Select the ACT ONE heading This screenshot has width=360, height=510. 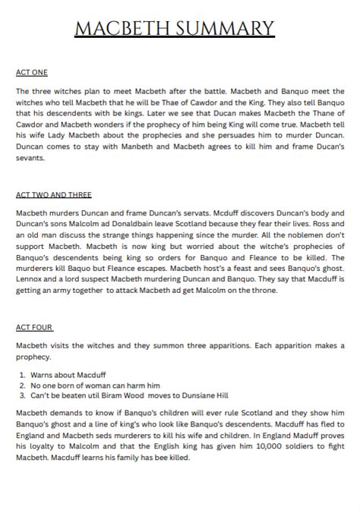click(32, 72)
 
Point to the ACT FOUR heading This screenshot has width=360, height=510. click(34, 328)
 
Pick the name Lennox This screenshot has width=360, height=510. click(31, 279)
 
